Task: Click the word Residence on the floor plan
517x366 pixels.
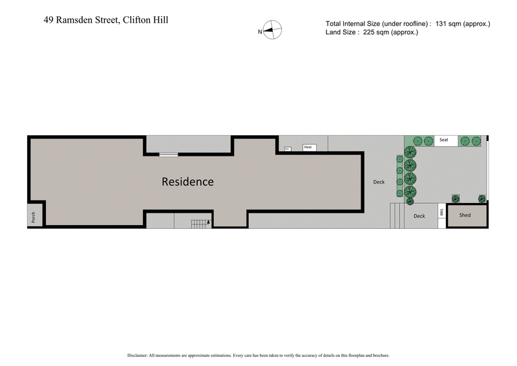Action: pyautogui.click(x=187, y=182)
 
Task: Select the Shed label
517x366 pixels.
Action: pyautogui.click(x=465, y=215)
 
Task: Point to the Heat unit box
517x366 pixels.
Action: pyautogui.click(x=308, y=147)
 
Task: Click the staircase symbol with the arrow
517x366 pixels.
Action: pyautogui.click(x=201, y=224)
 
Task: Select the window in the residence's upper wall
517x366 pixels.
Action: pyautogui.click(x=169, y=154)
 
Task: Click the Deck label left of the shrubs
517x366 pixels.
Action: pyautogui.click(x=379, y=182)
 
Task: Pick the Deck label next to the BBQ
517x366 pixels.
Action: pyautogui.click(x=419, y=216)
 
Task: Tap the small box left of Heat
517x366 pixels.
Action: pyautogui.click(x=287, y=149)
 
